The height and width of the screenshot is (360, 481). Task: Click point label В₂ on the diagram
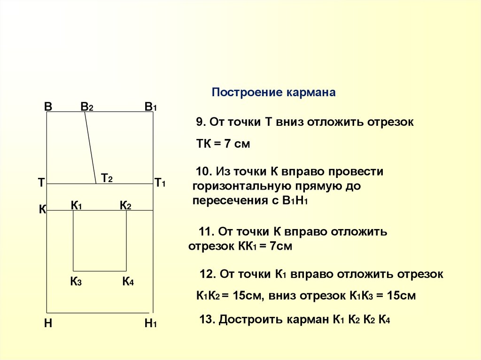pyautogui.click(x=86, y=107)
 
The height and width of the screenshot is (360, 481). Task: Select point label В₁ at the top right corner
pyautogui.click(x=150, y=107)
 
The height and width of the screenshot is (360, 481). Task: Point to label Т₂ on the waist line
pyautogui.click(x=106, y=178)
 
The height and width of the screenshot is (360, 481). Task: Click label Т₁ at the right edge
pyautogui.click(x=160, y=183)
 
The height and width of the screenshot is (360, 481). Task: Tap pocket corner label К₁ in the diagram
pyautogui.click(x=77, y=206)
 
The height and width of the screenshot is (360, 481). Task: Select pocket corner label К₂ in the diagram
pyautogui.click(x=125, y=206)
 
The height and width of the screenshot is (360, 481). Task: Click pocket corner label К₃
pyautogui.click(x=76, y=282)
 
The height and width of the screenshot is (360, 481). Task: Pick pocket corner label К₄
pyautogui.click(x=128, y=282)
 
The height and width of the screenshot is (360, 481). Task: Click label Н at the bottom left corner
pyautogui.click(x=48, y=323)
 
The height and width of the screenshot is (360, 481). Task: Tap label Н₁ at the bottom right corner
pyautogui.click(x=150, y=323)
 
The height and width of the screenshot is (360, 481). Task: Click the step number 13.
pyautogui.click(x=207, y=320)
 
